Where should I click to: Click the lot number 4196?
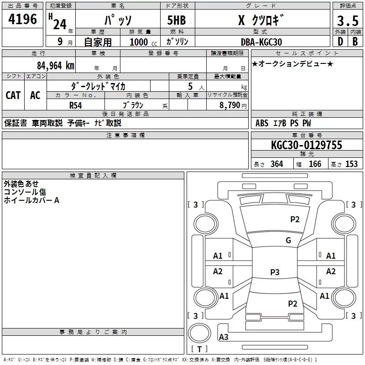(x=22, y=19)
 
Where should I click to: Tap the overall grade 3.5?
(x=348, y=21)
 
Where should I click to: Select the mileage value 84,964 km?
(x=56, y=66)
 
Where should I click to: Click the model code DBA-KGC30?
(x=261, y=42)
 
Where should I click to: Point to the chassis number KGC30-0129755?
(x=307, y=145)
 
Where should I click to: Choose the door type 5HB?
(x=177, y=20)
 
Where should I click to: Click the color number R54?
(x=76, y=105)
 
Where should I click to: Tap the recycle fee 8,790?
(x=229, y=105)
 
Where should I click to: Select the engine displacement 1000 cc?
(x=143, y=42)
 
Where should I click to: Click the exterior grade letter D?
(x=340, y=42)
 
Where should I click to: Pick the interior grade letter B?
(x=355, y=42)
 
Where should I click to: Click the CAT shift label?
(x=13, y=95)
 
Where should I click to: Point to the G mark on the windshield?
(x=288, y=240)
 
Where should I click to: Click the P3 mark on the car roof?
(x=275, y=272)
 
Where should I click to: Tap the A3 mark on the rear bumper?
(x=224, y=337)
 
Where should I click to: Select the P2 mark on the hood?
(x=295, y=219)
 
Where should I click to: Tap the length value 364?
(x=277, y=164)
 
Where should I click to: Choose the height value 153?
(x=351, y=164)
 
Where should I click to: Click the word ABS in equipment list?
(x=262, y=123)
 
